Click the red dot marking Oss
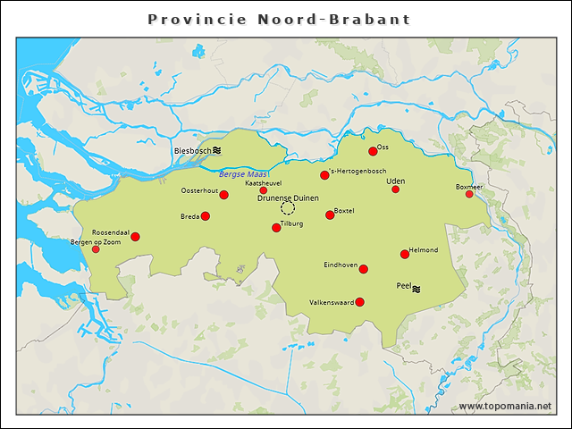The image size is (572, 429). [x=373, y=151]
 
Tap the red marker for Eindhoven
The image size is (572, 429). [x=364, y=268]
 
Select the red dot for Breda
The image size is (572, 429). [x=205, y=216]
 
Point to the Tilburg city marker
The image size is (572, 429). [x=276, y=228]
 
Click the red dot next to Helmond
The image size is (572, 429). [x=405, y=254]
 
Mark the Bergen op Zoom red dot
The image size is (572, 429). [x=97, y=249]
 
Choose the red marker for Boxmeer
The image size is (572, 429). [x=469, y=194]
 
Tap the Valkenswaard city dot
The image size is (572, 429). [x=359, y=302]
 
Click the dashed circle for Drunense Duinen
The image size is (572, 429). [x=288, y=207]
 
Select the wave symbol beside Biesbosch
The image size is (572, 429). [x=216, y=151]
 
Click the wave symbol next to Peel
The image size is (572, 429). [x=416, y=288]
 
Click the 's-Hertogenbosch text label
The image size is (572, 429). [x=357, y=171]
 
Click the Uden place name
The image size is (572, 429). [x=395, y=181]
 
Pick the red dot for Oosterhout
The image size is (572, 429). [x=224, y=195]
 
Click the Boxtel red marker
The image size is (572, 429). [x=330, y=214]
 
